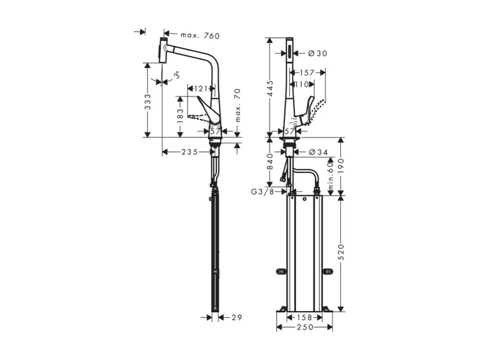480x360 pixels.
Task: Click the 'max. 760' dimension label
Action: pos(200,36)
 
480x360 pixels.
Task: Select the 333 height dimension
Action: pos(148,102)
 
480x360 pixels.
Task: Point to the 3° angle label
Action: pos(176,74)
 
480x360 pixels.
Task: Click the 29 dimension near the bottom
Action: pos(236,318)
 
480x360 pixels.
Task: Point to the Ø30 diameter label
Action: pos(318,54)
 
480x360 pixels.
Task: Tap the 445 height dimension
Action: pos(270,88)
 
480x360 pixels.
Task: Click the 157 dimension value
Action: pos(307,73)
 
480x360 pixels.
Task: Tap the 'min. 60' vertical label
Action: pos(330,176)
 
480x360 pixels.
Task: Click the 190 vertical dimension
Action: pos(341,166)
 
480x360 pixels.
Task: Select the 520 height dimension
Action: pos(341,252)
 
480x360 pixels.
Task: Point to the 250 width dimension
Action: pos(305,327)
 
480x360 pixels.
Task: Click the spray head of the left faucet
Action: pos(163,50)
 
